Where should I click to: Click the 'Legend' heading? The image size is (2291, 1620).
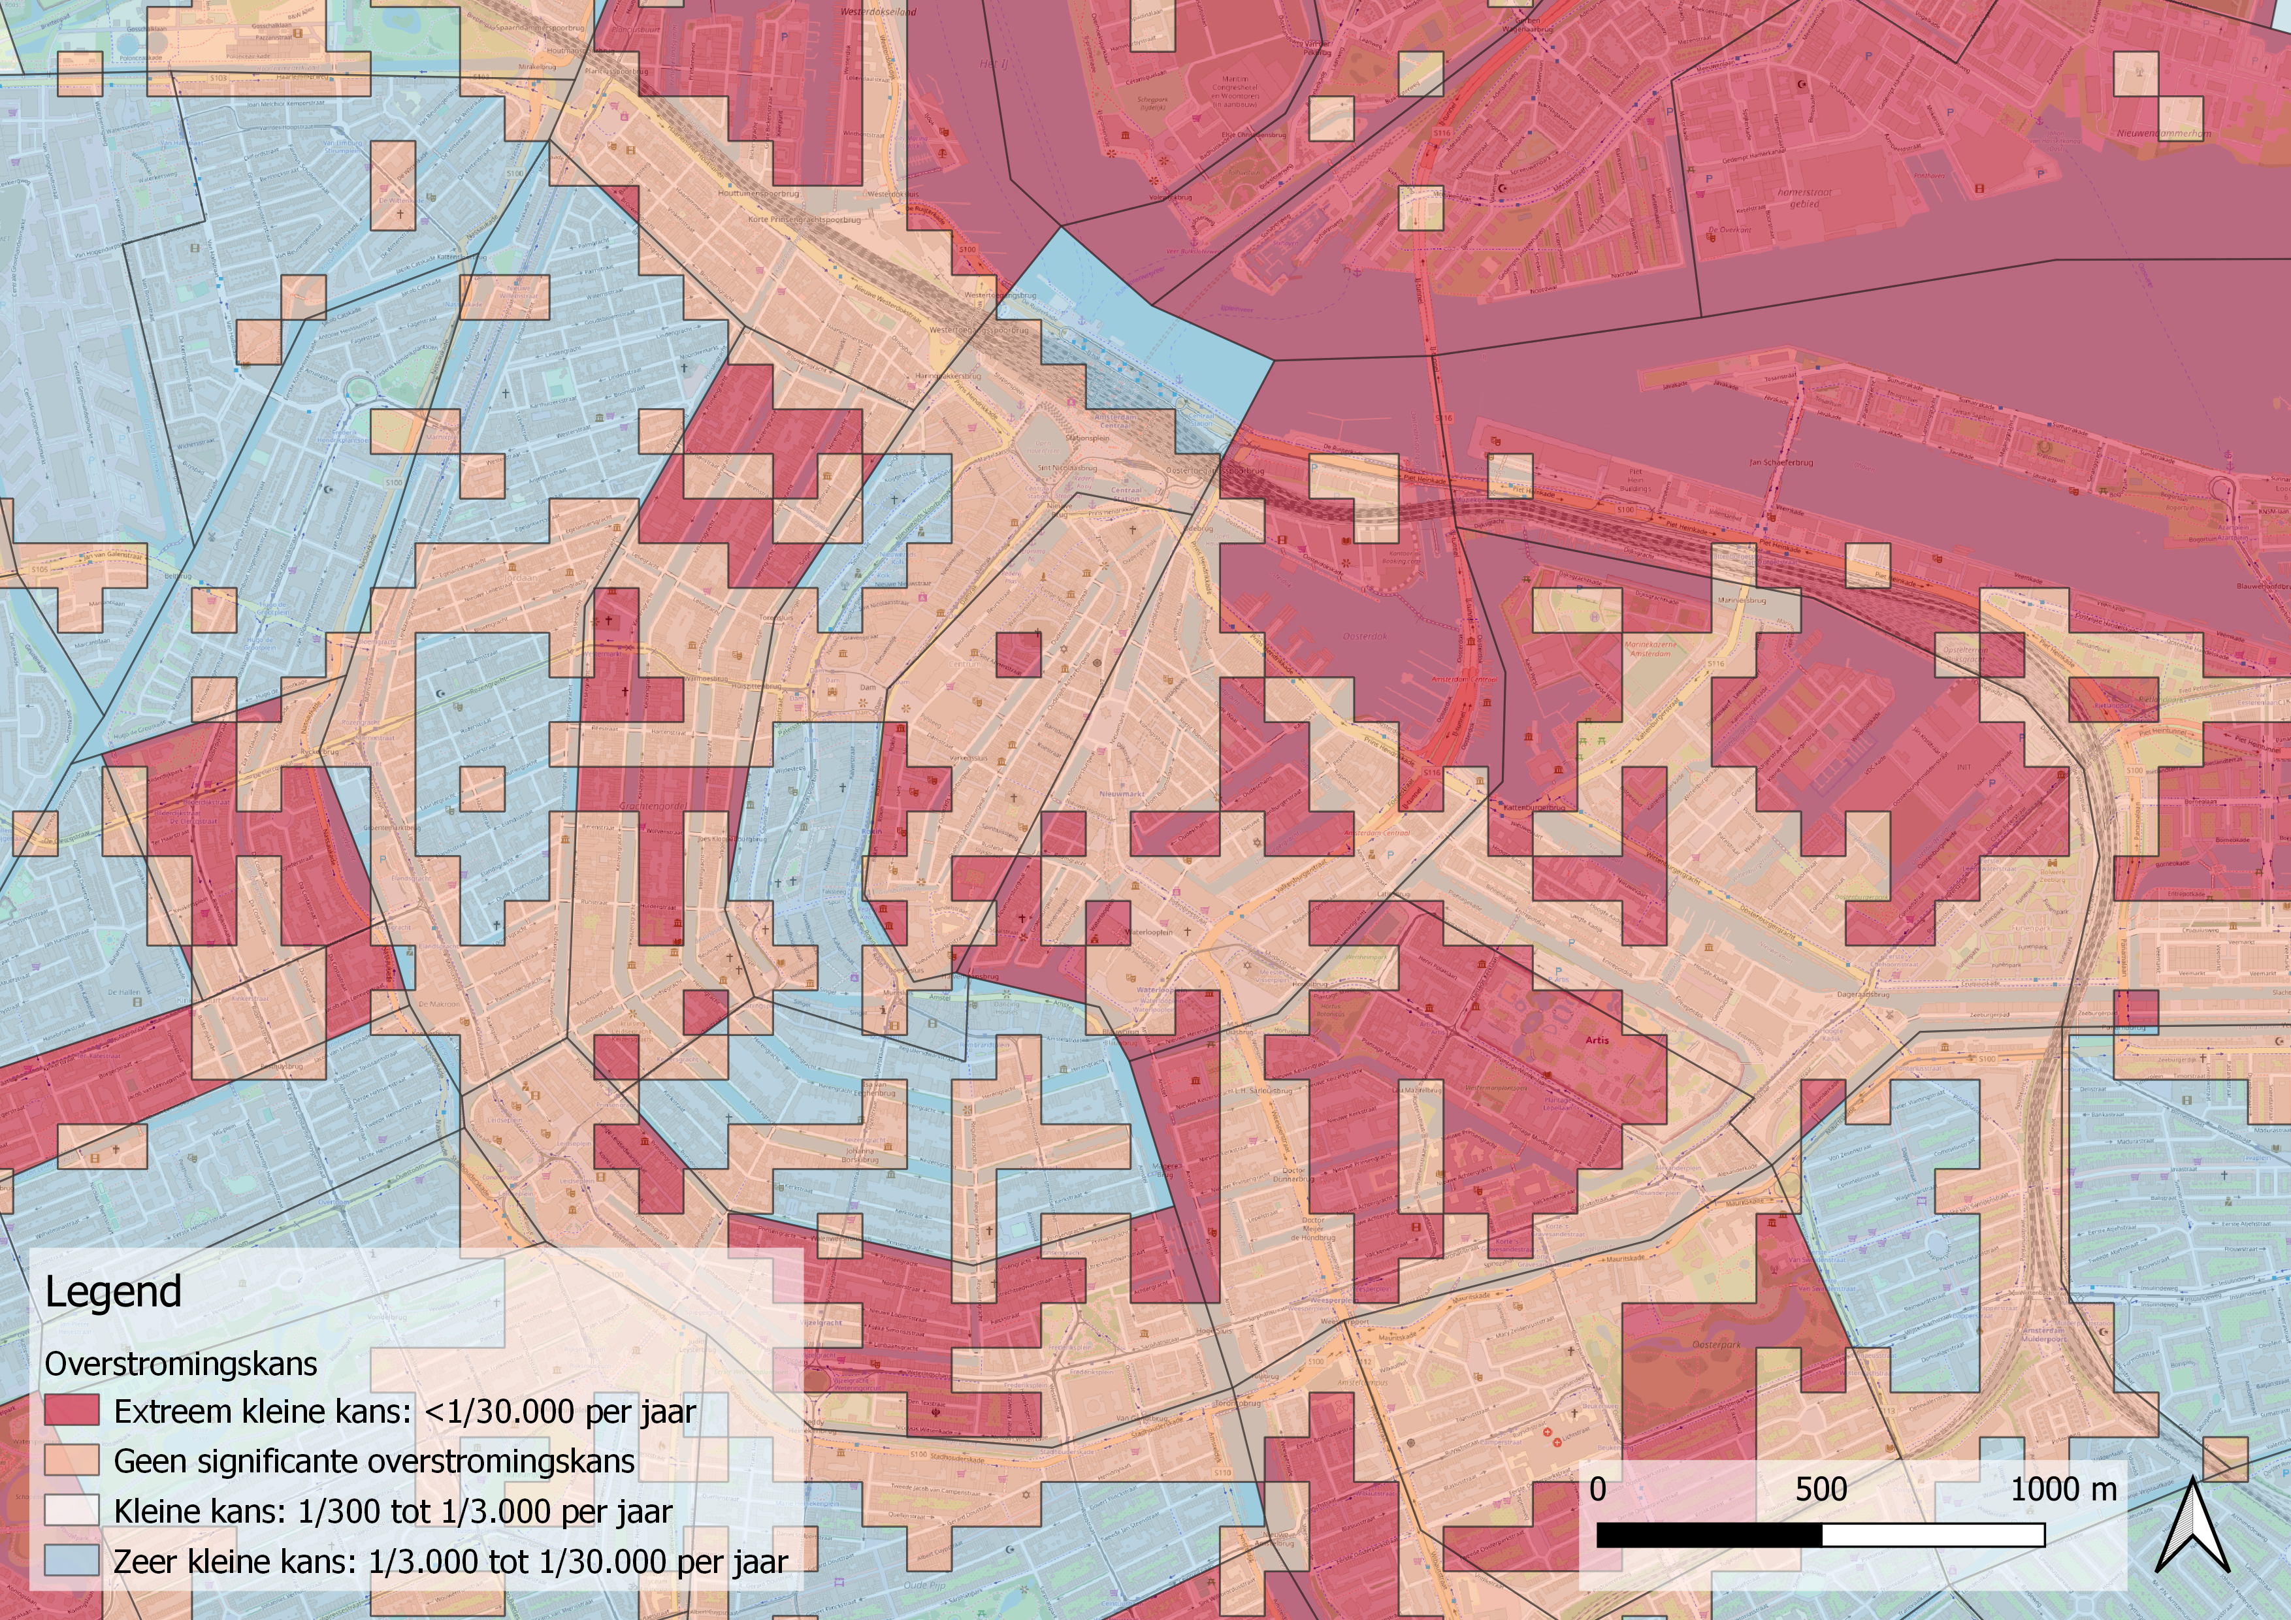113,1291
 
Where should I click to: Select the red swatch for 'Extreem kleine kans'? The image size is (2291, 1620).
72,1410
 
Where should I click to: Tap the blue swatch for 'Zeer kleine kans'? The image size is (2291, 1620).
72,1560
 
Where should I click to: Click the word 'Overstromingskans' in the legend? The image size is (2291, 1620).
180,1364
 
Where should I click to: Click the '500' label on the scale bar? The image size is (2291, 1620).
1821,1490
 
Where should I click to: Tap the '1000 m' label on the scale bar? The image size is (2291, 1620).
2062,1490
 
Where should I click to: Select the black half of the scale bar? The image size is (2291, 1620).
1710,1535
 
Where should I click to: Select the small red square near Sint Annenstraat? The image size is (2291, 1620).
1019,655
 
